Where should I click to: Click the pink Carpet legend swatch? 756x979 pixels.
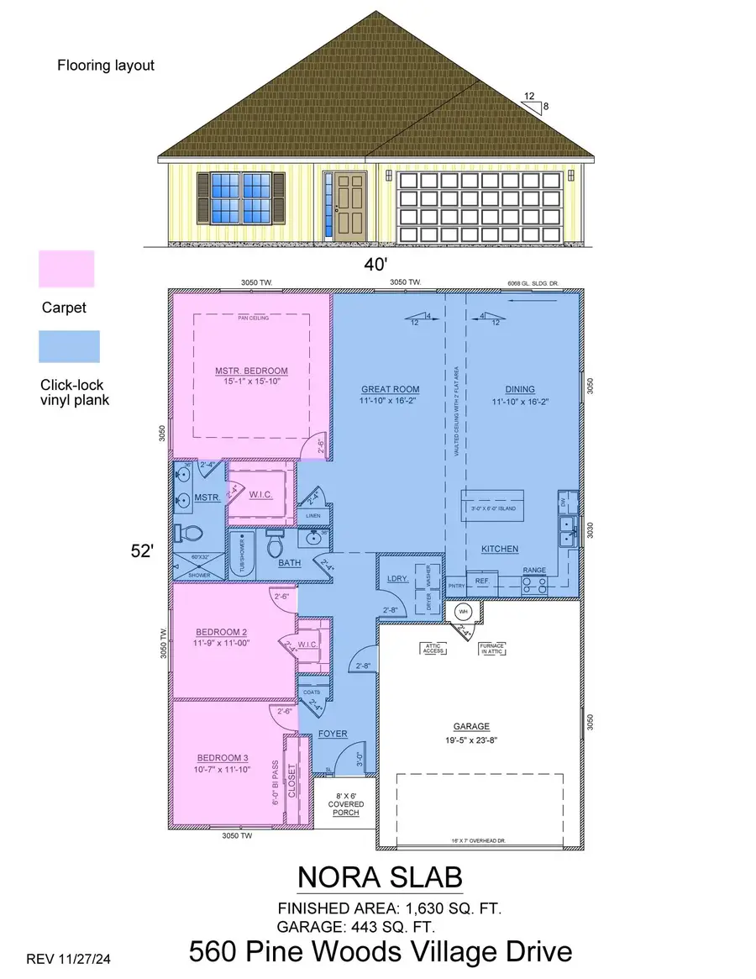[66, 269]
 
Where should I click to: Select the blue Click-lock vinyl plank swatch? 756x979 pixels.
[69, 346]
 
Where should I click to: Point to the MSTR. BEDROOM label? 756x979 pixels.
[251, 371]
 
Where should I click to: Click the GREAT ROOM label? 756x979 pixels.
[390, 389]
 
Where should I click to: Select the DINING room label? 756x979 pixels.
[520, 389]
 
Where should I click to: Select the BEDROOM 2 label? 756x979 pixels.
[219, 632]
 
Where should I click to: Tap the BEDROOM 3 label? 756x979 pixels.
[218, 755]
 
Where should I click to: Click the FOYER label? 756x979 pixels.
[333, 734]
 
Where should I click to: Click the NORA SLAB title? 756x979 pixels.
[380, 878]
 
